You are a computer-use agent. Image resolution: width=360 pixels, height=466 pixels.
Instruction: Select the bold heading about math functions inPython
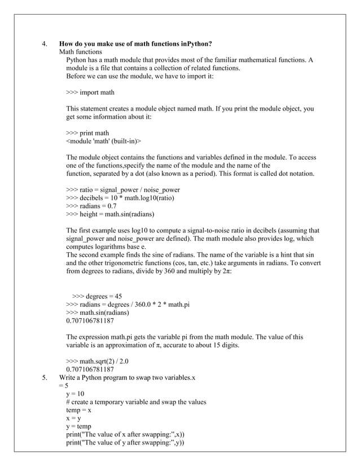pyautogui.click(x=135, y=43)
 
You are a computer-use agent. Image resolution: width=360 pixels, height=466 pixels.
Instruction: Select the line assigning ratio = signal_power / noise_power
pyautogui.click(x=123, y=190)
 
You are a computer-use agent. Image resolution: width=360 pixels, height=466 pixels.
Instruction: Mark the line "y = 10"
pyautogui.click(x=75, y=393)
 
